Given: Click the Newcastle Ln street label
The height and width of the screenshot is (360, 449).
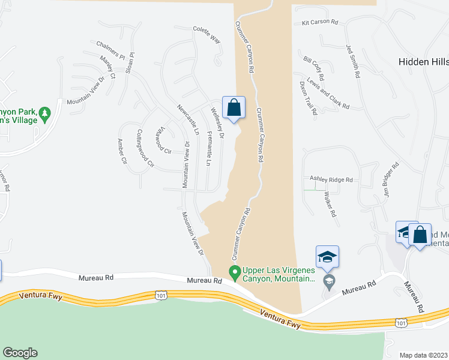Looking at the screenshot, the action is coord(188,119).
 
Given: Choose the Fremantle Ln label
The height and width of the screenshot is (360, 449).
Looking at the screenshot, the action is coord(209,148).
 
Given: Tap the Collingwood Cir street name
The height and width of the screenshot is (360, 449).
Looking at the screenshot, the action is coord(145,148).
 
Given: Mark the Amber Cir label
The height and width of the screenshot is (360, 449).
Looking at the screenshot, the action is coord(122,151).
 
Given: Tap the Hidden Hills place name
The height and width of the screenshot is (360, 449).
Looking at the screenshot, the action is coord(423,62).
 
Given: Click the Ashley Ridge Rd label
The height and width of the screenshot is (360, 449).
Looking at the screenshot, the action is coord(331,179).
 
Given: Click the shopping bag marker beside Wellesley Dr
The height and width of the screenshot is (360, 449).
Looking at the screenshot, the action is coord(234,108).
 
